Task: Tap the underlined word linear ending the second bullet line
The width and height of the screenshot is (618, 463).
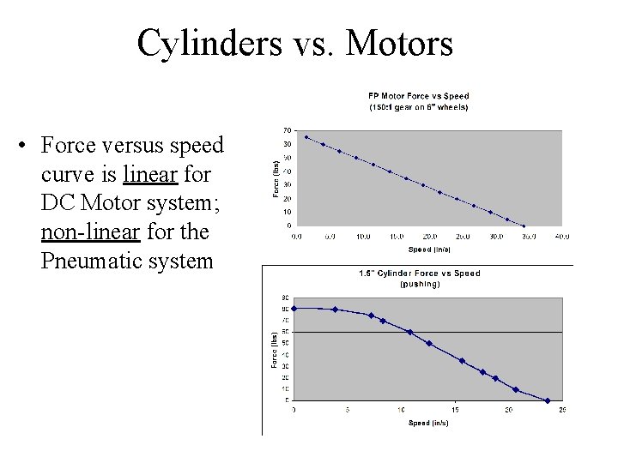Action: (150, 175)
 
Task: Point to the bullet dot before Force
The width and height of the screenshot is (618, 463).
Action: (28, 147)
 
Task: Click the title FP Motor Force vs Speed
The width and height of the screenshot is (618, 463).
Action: (419, 96)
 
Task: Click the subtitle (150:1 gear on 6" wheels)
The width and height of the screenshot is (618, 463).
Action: (419, 107)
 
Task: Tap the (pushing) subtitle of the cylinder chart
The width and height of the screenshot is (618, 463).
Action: (419, 284)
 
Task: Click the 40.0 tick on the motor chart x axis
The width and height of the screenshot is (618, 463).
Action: (562, 236)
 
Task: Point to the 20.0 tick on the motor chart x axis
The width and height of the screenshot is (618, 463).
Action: (429, 236)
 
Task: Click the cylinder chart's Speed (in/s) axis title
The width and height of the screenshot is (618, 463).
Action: (428, 423)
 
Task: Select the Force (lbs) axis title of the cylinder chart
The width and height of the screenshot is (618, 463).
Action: (275, 351)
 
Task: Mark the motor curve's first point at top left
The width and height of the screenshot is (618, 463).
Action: (306, 137)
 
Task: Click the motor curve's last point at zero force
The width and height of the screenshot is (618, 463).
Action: (523, 225)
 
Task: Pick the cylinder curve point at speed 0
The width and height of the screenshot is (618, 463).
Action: (294, 309)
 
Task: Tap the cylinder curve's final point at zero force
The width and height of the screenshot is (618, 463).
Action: (548, 400)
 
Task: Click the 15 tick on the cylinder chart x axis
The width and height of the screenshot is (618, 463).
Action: (455, 410)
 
